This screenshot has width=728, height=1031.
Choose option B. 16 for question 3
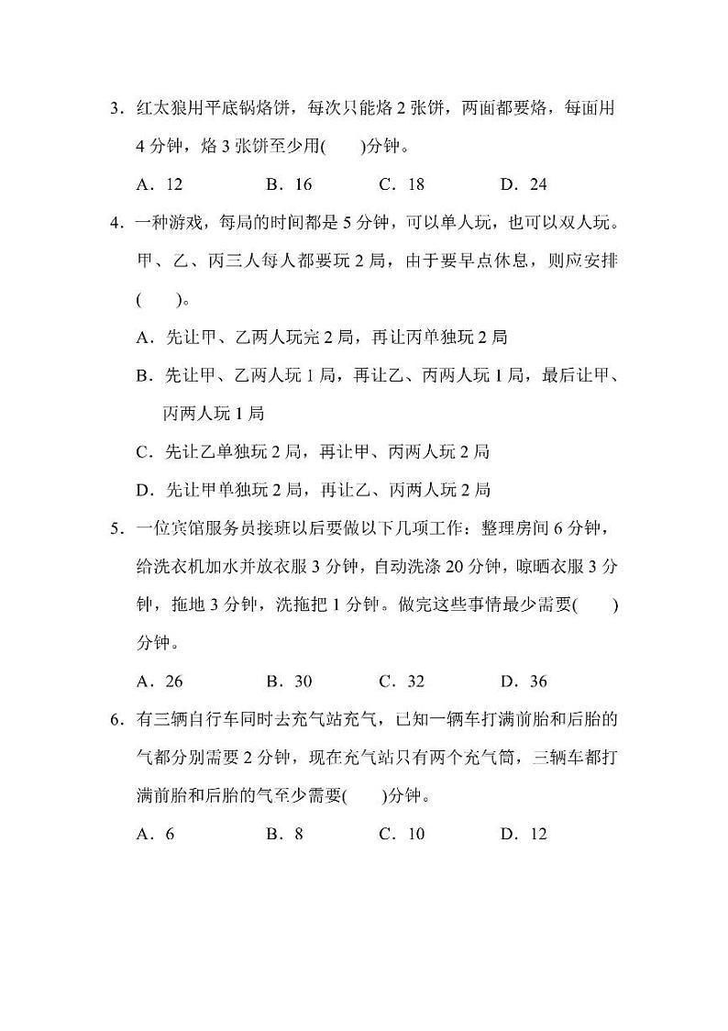tap(289, 184)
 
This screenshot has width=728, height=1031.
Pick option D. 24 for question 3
tap(524, 184)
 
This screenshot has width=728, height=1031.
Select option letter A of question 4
tap(142, 338)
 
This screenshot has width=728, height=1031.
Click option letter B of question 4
tap(142, 375)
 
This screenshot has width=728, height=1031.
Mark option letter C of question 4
tap(142, 451)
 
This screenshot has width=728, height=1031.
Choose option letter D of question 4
tap(142, 490)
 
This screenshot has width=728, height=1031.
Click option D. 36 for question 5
tap(524, 681)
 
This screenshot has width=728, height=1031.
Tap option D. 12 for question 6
tap(524, 834)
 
